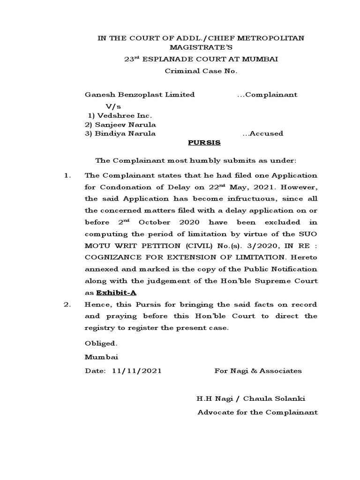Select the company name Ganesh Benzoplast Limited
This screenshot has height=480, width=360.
[139, 95]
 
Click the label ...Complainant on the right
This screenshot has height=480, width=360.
[267, 95]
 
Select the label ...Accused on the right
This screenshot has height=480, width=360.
[262, 134]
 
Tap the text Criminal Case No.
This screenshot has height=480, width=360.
[201, 71]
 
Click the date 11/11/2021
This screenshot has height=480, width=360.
[137, 371]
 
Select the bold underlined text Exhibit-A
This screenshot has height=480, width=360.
[116, 292]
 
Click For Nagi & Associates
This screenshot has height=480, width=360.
[258, 371]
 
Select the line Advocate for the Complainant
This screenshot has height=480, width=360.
[257, 412]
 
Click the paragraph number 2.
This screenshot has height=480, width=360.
[67, 304]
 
